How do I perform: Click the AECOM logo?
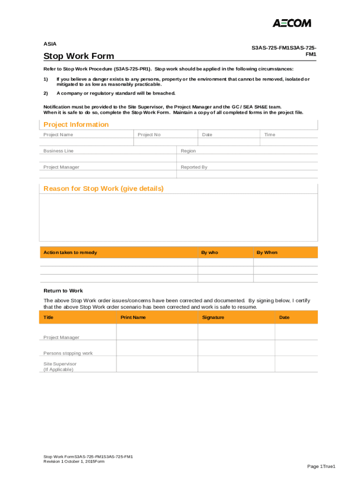click(x=292, y=23)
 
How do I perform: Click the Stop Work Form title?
click(x=79, y=56)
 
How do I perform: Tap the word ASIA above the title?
click(x=50, y=44)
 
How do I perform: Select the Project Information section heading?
click(x=76, y=124)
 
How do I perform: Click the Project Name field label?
click(x=58, y=135)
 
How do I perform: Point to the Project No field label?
click(x=149, y=135)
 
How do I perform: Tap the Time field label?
click(x=270, y=135)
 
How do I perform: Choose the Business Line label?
click(x=58, y=151)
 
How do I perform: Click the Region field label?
click(x=188, y=151)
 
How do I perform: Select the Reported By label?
click(x=194, y=167)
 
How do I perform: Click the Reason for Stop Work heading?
click(x=103, y=189)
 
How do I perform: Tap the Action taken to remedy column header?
click(x=70, y=253)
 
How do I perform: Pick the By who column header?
click(x=209, y=253)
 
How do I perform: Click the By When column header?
click(x=266, y=253)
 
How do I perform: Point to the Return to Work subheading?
click(x=63, y=290)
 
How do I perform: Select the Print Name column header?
click(x=133, y=317)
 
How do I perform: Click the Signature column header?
click(x=213, y=317)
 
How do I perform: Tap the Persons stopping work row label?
click(x=68, y=353)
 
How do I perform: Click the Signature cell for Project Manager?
click(x=236, y=332)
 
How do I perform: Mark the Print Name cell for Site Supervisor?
click(x=157, y=364)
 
